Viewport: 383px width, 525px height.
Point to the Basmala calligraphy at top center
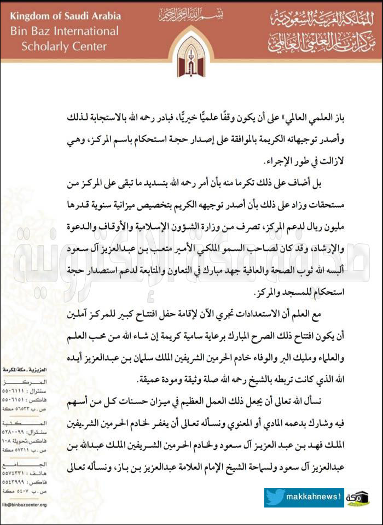point(191,13)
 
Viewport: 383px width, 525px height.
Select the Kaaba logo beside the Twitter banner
point(358,498)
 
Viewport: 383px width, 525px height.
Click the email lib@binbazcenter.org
point(24,505)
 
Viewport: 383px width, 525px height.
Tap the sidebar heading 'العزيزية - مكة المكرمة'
point(24,371)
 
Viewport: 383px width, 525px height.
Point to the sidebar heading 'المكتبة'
point(24,423)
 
